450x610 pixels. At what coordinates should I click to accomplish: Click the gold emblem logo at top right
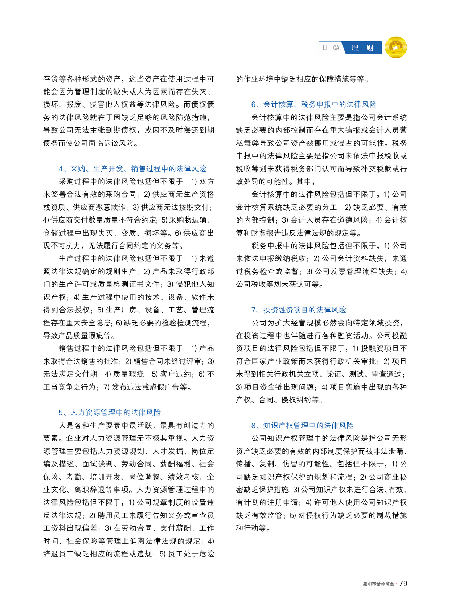click(x=396, y=47)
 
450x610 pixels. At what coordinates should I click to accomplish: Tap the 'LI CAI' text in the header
click(x=332, y=48)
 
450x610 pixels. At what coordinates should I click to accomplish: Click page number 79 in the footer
click(x=403, y=583)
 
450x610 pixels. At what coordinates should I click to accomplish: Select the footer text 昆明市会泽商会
click(x=378, y=584)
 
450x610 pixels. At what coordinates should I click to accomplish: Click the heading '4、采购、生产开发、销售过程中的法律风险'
click(x=132, y=169)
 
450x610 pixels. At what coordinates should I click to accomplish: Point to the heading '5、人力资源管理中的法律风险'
click(x=110, y=412)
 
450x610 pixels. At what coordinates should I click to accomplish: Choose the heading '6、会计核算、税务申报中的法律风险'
click(x=314, y=105)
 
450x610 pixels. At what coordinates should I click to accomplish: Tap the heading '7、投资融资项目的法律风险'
click(x=299, y=310)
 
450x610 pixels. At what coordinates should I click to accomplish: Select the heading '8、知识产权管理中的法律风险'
click(x=302, y=426)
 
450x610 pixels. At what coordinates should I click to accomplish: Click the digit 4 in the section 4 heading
click(x=61, y=169)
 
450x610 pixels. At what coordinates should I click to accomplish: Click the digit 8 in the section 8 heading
click(x=253, y=426)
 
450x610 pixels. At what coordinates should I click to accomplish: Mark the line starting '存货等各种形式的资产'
click(x=128, y=79)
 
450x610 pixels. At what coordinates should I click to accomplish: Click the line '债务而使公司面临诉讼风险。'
click(x=91, y=143)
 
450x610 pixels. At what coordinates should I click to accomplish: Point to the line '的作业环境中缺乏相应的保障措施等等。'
click(x=303, y=79)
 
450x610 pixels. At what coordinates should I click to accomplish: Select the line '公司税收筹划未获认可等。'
click(x=279, y=284)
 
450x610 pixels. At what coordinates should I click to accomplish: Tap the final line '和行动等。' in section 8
click(x=253, y=528)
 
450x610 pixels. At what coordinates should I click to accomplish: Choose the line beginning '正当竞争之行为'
click(x=118, y=387)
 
